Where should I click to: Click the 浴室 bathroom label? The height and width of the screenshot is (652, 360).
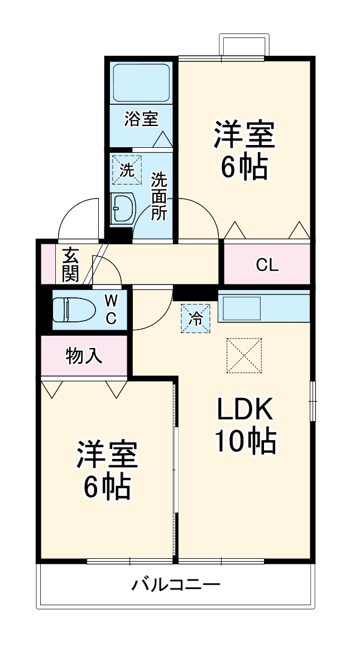coord(141,119)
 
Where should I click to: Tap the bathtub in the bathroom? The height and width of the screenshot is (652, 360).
coord(141,82)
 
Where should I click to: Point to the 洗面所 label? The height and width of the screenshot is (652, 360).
coord(159,196)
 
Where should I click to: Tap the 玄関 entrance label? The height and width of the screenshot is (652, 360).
coord(70,263)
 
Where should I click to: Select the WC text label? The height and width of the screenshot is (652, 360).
coord(112,309)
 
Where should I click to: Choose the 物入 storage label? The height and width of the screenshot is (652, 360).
coord(84,355)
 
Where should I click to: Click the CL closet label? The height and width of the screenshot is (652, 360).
coord(267,265)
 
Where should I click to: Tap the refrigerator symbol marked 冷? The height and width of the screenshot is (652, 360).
coord(195,318)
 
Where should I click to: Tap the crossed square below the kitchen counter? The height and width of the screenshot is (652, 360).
coord(244,355)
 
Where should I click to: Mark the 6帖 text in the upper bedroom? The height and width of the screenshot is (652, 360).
coord(244,167)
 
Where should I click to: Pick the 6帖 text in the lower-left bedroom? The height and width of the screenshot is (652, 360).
coord(107,487)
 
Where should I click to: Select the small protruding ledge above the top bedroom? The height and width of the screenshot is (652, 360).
coord(244,45)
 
